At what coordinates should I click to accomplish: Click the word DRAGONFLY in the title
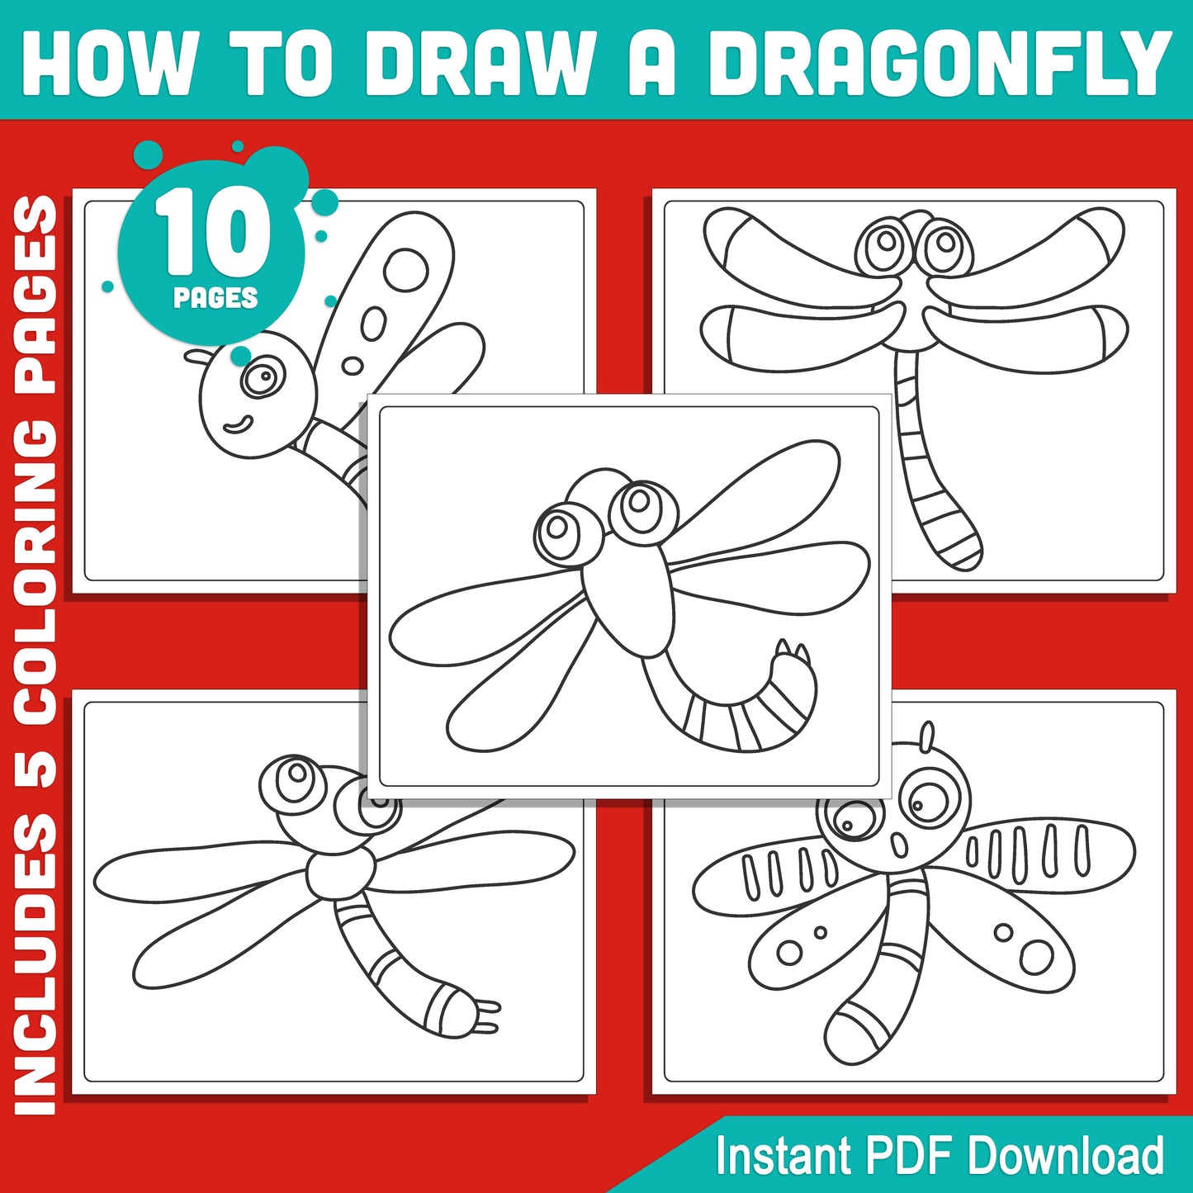pos(940,64)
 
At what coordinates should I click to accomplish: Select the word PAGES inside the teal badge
pos(215,297)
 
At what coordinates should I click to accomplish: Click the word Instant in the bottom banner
pos(783,1155)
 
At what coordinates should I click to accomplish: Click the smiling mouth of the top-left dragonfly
pos(238,424)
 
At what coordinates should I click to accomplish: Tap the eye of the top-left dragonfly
pos(263,377)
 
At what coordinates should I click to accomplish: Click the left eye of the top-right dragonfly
pos(886,243)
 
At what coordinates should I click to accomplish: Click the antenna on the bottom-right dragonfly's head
pos(928,736)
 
